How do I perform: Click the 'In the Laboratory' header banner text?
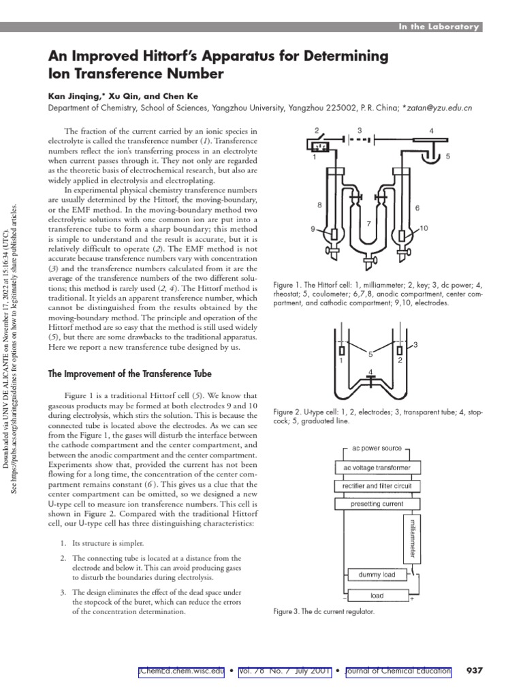pyautogui.click(x=439, y=27)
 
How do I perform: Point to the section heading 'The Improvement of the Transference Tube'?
pyautogui.click(x=129, y=374)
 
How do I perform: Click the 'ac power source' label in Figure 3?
pyautogui.click(x=377, y=449)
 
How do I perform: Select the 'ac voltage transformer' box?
pyautogui.click(x=377, y=468)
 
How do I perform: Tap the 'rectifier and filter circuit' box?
pyautogui.click(x=377, y=486)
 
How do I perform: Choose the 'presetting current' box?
pyautogui.click(x=377, y=504)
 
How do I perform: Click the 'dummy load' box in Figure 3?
pyautogui.click(x=377, y=575)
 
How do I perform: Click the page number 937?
pyautogui.click(x=473, y=671)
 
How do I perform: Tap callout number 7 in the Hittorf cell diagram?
pyautogui.click(x=368, y=223)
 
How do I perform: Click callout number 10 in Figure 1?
pyautogui.click(x=424, y=228)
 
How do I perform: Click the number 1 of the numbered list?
pyautogui.click(x=62, y=543)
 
